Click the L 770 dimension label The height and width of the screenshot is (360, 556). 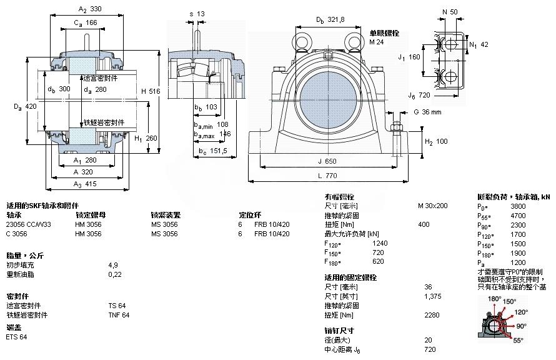(327, 176)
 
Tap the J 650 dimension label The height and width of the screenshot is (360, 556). (327, 161)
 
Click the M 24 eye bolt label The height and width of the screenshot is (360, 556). (376, 42)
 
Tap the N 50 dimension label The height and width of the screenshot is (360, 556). (449, 12)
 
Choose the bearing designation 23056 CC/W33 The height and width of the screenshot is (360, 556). (29, 224)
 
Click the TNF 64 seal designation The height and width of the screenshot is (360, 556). (118, 315)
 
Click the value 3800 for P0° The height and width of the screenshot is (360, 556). (518, 206)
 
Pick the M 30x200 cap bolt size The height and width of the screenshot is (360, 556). (432, 206)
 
